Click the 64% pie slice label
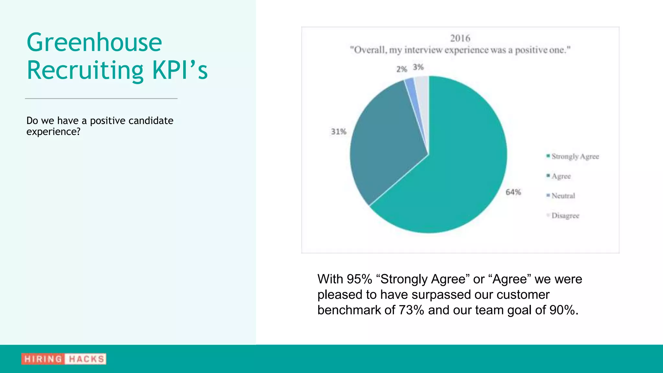pyautogui.click(x=513, y=192)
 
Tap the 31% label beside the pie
pyautogui.click(x=338, y=132)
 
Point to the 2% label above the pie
pyautogui.click(x=401, y=69)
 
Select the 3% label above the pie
pyautogui.click(x=418, y=67)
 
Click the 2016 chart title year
pyautogui.click(x=460, y=39)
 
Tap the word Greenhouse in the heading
pyautogui.click(x=94, y=42)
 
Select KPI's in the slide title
pyautogui.click(x=180, y=70)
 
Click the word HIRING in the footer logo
pyautogui.click(x=43, y=359)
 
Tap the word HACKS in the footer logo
pyautogui.click(x=86, y=359)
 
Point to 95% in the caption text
pyautogui.click(x=359, y=279)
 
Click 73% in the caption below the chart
pyautogui.click(x=411, y=310)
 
